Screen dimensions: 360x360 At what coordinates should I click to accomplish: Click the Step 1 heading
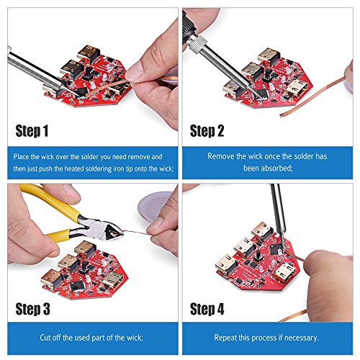click(x=32, y=131)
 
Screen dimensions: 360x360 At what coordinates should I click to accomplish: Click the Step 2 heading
click(x=207, y=131)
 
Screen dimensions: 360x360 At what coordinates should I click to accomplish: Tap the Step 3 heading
click(x=32, y=309)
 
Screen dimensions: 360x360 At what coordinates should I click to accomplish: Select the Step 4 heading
click(x=207, y=309)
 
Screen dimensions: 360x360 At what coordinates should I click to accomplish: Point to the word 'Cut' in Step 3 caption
click(x=45, y=338)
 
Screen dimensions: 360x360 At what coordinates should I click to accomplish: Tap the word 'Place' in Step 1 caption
click(x=21, y=157)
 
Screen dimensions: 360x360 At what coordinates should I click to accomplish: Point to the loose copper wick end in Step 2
click(x=282, y=115)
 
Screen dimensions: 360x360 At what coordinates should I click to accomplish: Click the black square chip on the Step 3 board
click(x=77, y=286)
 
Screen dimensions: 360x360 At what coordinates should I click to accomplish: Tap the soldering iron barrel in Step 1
click(x=34, y=70)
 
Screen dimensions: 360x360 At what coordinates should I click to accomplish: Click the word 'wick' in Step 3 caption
click(x=135, y=338)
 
